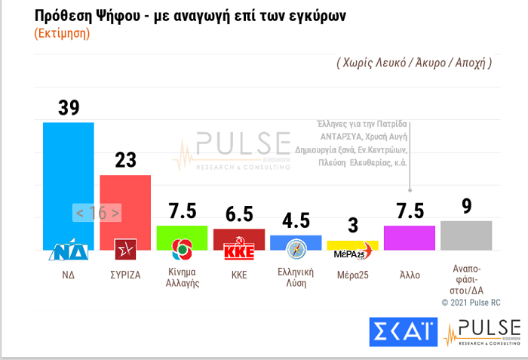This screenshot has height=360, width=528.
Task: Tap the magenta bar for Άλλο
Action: pyautogui.click(x=409, y=237)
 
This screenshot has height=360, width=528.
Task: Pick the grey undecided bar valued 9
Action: pyautogui.click(x=466, y=235)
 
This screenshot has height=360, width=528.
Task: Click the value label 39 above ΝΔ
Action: pyautogui.click(x=69, y=108)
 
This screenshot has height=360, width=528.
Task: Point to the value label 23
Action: pyautogui.click(x=125, y=160)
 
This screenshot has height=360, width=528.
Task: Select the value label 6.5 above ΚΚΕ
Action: pyautogui.click(x=239, y=214)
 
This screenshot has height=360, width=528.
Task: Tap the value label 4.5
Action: pyautogui.click(x=296, y=221)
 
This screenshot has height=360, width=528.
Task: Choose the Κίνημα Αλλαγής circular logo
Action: pyautogui.click(x=182, y=249)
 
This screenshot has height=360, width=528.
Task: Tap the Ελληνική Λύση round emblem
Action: pyautogui.click(x=296, y=250)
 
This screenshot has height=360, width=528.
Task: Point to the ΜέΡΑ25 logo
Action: pyautogui.click(x=352, y=253)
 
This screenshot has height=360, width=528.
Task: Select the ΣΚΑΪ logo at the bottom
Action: pyautogui.click(x=402, y=331)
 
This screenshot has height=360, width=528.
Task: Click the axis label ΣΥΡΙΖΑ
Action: pyautogui.click(x=125, y=275)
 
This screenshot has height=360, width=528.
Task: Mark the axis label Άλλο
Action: pyautogui.click(x=410, y=275)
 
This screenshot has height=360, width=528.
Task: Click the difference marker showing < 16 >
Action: pyautogui.click(x=97, y=213)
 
